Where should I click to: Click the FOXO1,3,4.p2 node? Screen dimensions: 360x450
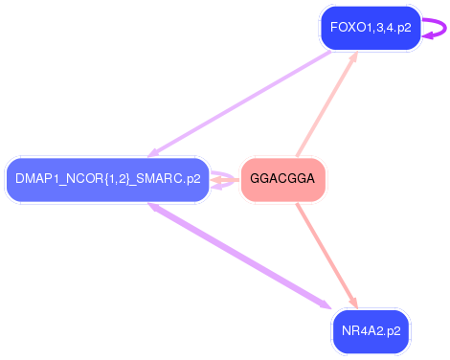[370, 28]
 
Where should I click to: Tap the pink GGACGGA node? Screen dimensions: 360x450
[282, 179]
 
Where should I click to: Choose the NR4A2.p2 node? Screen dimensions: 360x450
[370, 331]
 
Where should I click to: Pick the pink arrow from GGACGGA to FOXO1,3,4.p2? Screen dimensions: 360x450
[326, 105]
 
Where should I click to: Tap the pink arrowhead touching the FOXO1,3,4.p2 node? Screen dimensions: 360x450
[353, 57]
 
